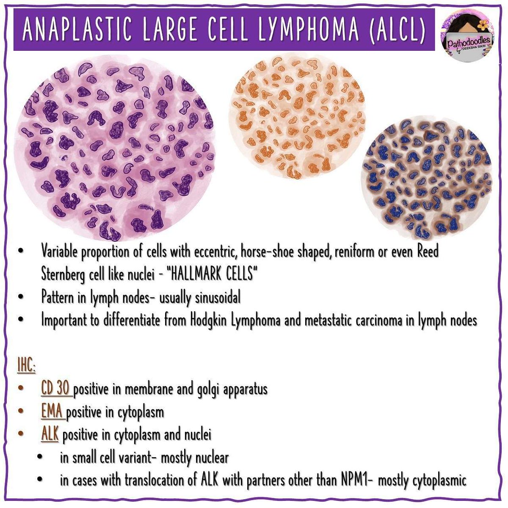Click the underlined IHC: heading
pyautogui.click(x=26, y=366)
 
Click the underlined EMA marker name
pyautogui.click(x=52, y=412)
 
